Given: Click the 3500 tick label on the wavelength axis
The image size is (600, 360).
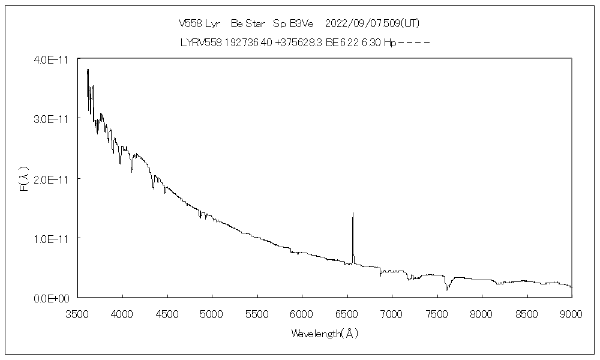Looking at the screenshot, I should click(x=77, y=313).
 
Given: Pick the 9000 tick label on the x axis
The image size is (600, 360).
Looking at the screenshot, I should click(x=571, y=313).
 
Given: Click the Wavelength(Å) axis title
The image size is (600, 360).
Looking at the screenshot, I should click(x=325, y=333).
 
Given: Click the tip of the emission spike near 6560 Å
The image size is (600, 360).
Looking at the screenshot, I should click(x=353, y=213).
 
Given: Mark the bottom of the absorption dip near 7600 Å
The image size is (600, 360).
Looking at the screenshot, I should click(x=446, y=289).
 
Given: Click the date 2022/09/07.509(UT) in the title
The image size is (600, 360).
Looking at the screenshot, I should click(x=372, y=23).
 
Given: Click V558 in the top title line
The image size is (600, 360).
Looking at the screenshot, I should click(x=191, y=23).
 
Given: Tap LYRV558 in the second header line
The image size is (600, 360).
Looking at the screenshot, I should click(x=200, y=43).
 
